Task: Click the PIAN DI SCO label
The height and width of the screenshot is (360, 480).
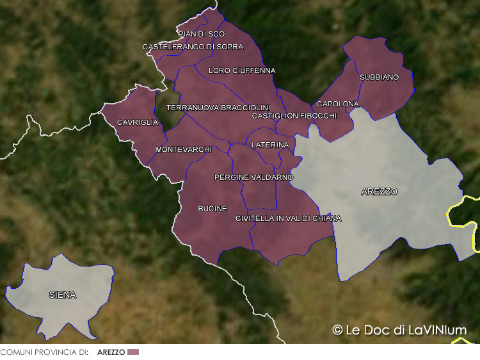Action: (202, 34)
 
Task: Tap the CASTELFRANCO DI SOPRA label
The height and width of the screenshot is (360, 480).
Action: (193, 47)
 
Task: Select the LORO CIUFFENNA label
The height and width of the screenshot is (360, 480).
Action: (242, 70)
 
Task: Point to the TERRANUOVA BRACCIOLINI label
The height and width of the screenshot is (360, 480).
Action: (218, 108)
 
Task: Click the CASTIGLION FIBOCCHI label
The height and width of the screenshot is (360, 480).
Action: (294, 116)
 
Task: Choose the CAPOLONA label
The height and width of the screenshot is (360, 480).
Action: (338, 104)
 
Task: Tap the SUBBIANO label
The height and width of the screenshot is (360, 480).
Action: (379, 78)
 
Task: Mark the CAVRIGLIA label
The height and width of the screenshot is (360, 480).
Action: (137, 122)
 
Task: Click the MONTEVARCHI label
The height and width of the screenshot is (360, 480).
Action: (183, 150)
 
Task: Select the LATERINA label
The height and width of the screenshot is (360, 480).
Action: (270, 145)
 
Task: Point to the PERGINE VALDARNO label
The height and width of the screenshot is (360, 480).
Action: (253, 177)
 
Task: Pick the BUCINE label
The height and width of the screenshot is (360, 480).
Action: (212, 209)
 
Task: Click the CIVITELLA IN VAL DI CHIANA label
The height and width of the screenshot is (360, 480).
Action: (288, 218)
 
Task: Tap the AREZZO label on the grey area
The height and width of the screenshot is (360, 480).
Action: (379, 192)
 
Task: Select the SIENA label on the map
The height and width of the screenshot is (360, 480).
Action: (63, 295)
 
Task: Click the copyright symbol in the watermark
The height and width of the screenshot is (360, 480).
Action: (337, 330)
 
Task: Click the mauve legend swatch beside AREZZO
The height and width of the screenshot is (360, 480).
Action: (133, 352)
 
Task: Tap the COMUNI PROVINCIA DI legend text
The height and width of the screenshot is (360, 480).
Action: (44, 352)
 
